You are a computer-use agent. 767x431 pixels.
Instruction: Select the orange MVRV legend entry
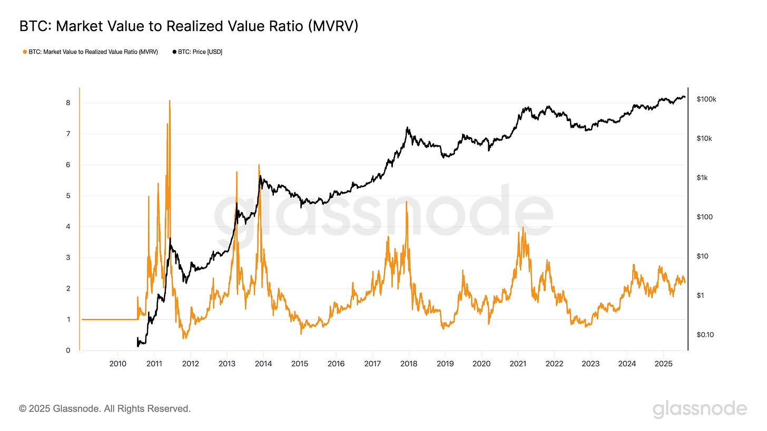point(90,52)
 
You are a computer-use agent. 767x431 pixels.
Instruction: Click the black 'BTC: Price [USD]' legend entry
point(197,52)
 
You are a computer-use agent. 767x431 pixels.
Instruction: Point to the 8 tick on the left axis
point(68,103)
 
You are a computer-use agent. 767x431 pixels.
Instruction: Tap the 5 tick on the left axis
point(68,196)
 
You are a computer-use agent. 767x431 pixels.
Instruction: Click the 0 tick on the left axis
point(68,350)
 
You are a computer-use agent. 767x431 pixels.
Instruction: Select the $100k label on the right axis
point(706,99)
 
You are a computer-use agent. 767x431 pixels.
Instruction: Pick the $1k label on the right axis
point(702,177)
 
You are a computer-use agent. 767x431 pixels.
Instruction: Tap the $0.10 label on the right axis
point(705,335)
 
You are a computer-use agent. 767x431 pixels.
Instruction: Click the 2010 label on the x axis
point(117,364)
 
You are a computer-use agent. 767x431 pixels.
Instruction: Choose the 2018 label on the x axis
point(409,364)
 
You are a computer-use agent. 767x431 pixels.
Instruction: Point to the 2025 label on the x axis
point(663,364)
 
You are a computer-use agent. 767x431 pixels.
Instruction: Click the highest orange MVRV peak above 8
point(170,101)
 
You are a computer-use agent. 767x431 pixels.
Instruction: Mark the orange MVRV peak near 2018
point(407,202)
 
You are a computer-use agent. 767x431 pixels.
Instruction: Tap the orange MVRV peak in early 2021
point(523,228)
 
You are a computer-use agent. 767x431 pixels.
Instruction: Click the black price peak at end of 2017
point(407,127)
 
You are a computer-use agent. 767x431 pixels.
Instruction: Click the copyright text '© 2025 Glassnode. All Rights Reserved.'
point(105,408)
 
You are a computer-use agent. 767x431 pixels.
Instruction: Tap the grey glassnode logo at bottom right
point(700,409)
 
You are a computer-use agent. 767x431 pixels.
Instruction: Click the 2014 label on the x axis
point(263,364)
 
